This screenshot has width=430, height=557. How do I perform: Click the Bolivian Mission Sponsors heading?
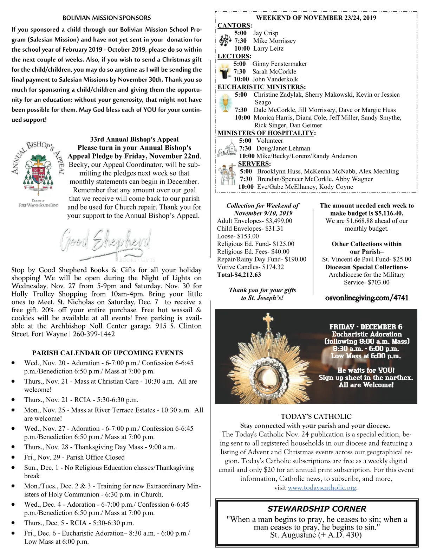pyautogui.click(x=106, y=18)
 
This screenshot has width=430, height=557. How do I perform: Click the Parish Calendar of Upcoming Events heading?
pyautogui.click(x=107, y=353)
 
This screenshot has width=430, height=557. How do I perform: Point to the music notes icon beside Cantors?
pyautogui.click(x=225, y=41)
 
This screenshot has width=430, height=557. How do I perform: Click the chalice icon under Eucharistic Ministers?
pyautogui.click(x=225, y=102)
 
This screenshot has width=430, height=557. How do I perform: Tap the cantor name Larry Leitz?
pyautogui.click(x=268, y=49)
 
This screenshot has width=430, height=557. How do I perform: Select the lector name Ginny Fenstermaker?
pyautogui.click(x=280, y=64)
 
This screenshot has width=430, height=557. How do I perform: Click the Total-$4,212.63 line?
pyautogui.click(x=239, y=275)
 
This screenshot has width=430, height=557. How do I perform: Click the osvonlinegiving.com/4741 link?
pyautogui.click(x=367, y=298)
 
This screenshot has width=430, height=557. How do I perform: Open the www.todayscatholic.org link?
pyautogui.click(x=322, y=488)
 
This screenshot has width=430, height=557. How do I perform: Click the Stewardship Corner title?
pyautogui.click(x=317, y=509)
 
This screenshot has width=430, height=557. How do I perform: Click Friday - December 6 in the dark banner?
pyautogui.click(x=366, y=327)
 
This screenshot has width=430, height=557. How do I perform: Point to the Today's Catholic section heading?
pyautogui.click(x=316, y=417)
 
